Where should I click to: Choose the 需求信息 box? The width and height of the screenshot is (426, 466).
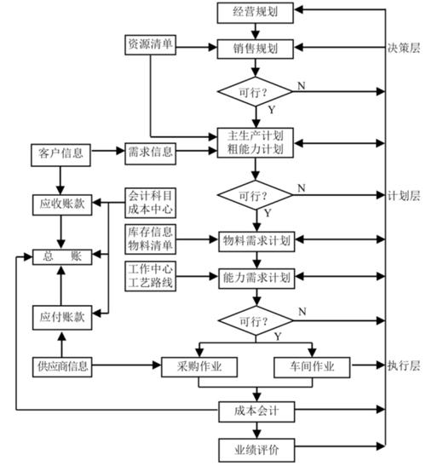(151, 153)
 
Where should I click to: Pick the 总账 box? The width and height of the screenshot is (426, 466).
(60, 254)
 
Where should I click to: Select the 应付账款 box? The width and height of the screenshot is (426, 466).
(60, 316)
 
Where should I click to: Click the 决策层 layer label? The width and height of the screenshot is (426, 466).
(403, 48)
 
